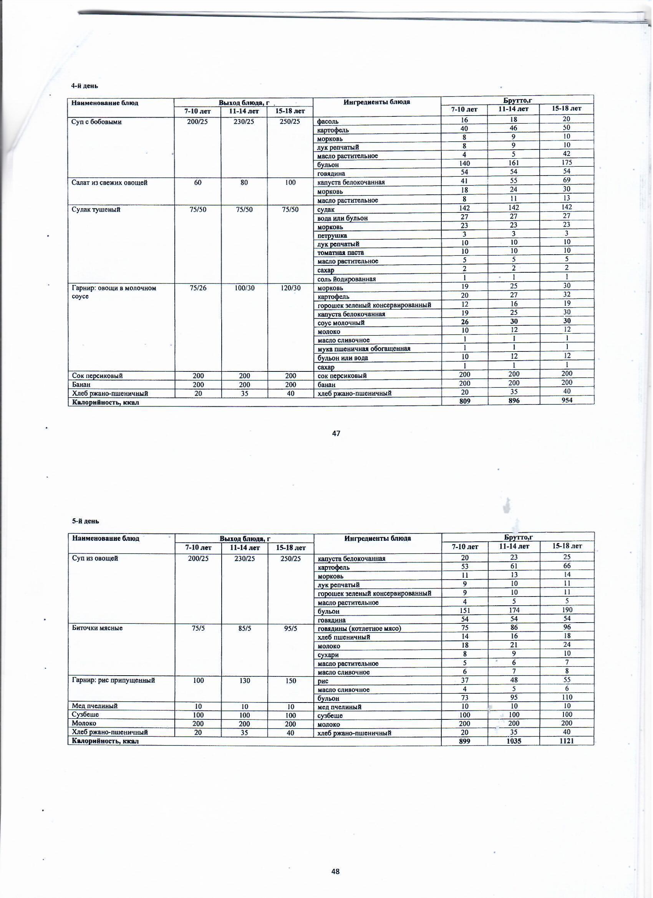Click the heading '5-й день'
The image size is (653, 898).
click(82, 522)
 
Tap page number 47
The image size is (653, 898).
click(336, 434)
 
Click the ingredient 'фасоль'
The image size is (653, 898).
click(328, 121)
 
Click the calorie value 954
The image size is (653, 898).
click(567, 401)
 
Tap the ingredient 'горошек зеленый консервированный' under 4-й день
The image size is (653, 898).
click(374, 305)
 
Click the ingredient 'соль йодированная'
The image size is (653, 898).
click(346, 279)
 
